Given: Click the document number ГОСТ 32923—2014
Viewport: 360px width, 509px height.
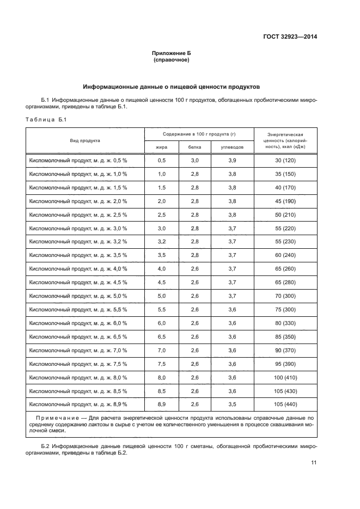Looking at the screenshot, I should [289, 37].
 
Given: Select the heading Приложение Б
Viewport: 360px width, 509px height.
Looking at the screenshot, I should [172, 53].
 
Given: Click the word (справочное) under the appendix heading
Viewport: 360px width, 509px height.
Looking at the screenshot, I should [172, 60].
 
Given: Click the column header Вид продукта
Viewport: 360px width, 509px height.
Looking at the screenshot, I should [84, 140].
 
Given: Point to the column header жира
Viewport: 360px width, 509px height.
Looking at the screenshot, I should [161, 147].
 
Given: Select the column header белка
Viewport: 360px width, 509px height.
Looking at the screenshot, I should [194, 147].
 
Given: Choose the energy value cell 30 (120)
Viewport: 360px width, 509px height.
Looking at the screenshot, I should [285, 161].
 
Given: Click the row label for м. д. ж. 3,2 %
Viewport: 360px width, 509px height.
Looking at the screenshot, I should [78, 241].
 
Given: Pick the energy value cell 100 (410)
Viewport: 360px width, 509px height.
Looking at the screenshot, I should [285, 377].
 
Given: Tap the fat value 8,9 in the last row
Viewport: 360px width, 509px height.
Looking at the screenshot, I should [161, 404].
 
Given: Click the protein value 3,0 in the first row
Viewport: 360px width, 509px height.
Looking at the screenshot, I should [194, 161].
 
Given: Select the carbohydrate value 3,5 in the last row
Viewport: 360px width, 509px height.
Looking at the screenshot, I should [231, 404].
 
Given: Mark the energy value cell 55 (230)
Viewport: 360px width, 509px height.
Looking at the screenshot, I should [285, 241].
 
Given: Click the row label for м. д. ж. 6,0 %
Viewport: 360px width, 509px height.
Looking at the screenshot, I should [78, 323].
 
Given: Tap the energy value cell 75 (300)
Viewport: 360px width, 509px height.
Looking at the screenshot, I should [285, 309].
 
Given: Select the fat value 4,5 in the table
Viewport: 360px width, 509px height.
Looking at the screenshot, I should [161, 282].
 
